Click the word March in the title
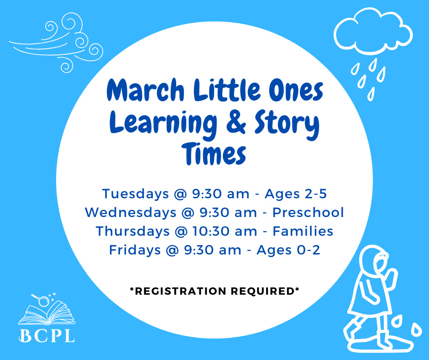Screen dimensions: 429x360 [145, 90]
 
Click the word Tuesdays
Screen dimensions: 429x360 [136, 194]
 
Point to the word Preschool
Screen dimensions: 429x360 [308, 212]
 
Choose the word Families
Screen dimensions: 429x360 [303, 231]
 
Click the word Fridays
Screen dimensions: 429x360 [135, 250]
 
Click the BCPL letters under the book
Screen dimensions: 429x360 [47, 335]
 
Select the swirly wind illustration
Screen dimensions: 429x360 [56, 42]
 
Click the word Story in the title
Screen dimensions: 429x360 [287, 123]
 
